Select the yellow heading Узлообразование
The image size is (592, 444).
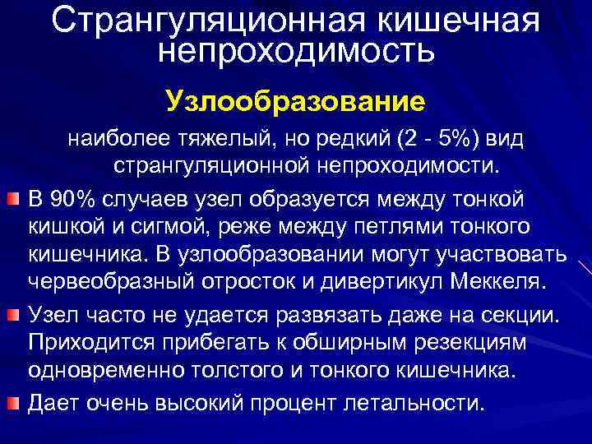(x=295, y=102)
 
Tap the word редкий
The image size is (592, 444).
(x=349, y=141)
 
